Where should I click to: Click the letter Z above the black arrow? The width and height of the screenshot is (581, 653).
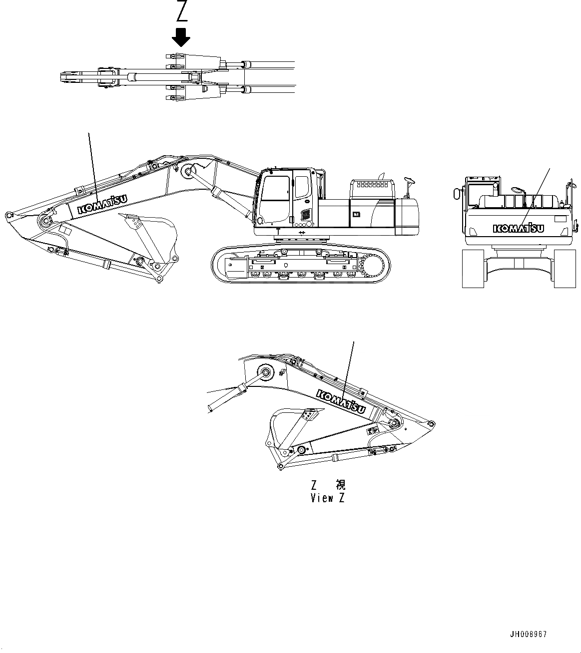coord(181,12)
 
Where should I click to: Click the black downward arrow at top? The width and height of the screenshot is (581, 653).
coord(181,36)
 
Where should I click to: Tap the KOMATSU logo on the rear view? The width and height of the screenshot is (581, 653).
coord(519,228)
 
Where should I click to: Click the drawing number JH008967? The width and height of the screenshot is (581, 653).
coord(529,635)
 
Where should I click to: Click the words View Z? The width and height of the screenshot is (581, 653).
coord(328,498)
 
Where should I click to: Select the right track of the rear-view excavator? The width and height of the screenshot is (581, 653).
coord(565,269)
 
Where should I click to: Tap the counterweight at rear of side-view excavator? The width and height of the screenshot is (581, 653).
coord(407,217)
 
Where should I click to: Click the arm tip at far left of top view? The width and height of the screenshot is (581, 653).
coord(66,78)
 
